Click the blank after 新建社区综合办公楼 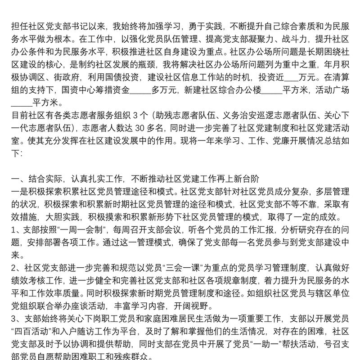tap(271, 90)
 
